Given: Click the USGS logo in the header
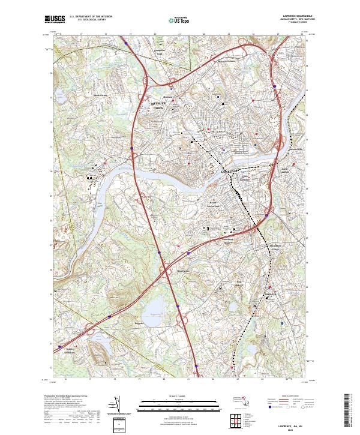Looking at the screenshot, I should click(55, 19).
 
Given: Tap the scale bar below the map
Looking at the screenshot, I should click(180, 405).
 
